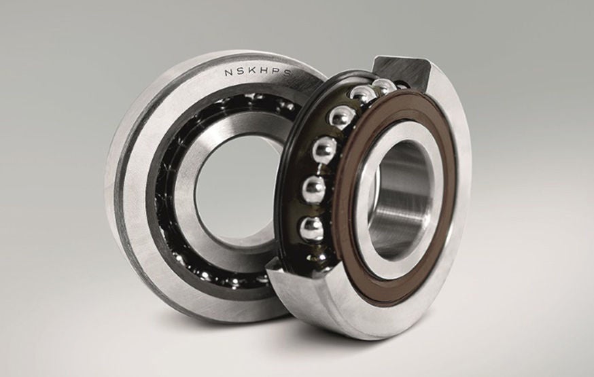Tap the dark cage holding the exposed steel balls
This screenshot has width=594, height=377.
[x=299, y=170]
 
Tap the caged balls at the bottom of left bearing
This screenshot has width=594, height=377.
[x=217, y=275]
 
